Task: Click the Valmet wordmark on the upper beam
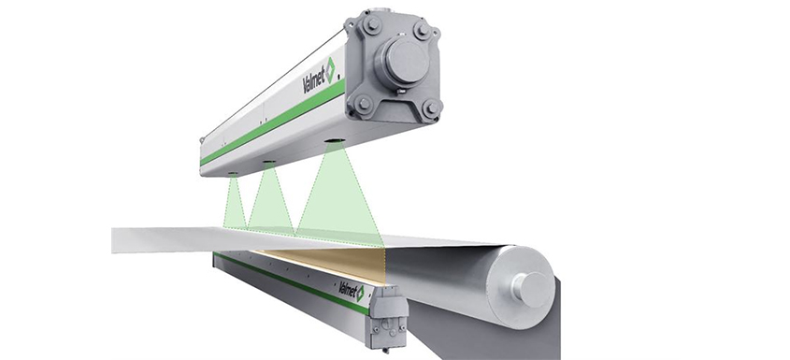coord(313,79)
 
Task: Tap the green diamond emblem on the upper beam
coord(330,70)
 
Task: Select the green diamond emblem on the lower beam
coord(360,294)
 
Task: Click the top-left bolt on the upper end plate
coord(372,24)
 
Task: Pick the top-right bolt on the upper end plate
coord(423,30)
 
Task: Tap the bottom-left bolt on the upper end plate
coord(363,104)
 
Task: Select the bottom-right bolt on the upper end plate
coord(431,108)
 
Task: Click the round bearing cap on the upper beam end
coord(405,62)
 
